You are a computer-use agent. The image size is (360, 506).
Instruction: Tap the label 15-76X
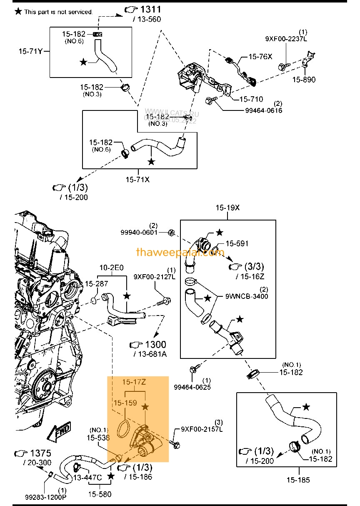pos(260,56)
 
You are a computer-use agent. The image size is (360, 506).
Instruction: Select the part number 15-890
pos(304,80)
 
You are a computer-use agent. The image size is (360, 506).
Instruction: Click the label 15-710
pos(251,99)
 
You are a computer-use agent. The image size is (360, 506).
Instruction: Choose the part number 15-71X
pos(137,180)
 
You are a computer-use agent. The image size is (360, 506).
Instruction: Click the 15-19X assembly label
pos(227,208)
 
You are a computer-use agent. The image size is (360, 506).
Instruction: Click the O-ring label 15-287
pos(97,284)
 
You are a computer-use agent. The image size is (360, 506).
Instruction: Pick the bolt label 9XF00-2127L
pos(155,276)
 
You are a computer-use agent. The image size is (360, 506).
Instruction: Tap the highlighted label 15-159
pos(125,403)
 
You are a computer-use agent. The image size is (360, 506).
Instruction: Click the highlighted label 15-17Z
pos(133,382)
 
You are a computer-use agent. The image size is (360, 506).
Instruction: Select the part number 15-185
pos(298,480)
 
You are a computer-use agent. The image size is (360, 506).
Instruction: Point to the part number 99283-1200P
pos(46,497)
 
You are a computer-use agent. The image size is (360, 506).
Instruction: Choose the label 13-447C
pos(87,478)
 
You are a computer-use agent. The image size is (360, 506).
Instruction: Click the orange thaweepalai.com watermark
pos(180,252)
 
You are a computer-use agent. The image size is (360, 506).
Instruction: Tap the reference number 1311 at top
pos(150,9)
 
